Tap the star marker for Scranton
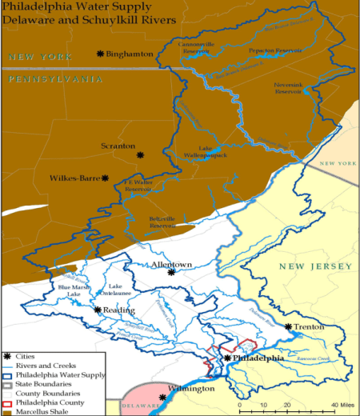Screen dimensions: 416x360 140,154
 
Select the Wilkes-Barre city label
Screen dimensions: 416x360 74,178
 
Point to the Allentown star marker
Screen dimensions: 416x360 171,272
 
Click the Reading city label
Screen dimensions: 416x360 114,310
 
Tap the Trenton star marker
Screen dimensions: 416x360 288,326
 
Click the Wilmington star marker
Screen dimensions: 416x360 163,397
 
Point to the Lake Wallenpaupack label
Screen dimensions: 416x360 212,151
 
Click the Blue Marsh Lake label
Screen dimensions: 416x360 70,290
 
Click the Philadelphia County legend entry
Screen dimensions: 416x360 49,402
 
